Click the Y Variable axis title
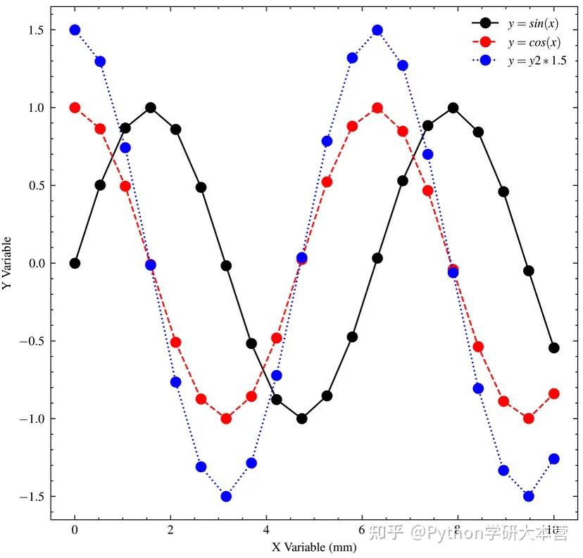pos(8,263)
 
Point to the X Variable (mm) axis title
pos(314,547)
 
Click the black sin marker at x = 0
pos(75,263)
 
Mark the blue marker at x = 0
pos(75,30)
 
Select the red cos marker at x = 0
pos(75,108)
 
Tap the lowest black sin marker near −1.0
pos(301,419)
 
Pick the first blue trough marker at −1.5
pos(226,496)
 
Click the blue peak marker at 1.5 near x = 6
pos(377,30)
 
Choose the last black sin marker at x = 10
pos(554,348)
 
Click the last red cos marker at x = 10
pos(554,393)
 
